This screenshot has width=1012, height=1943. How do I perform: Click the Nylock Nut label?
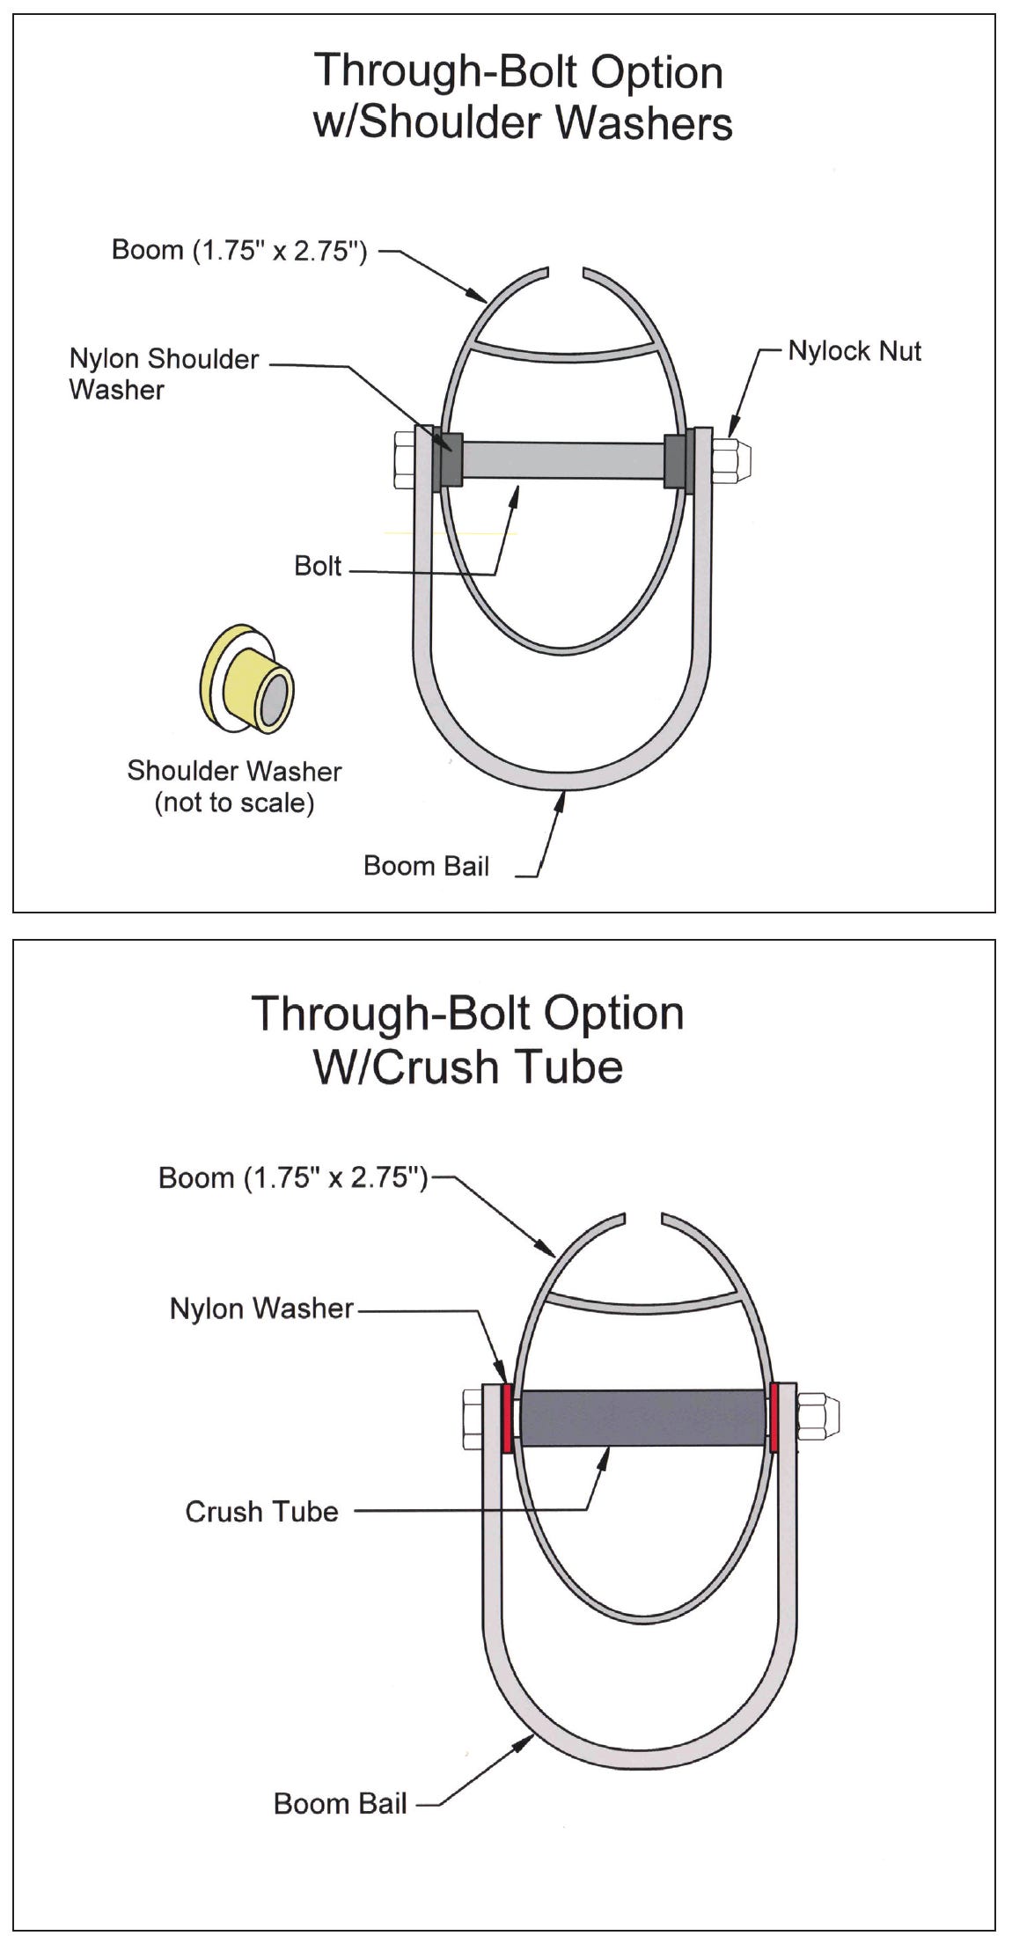coord(854,351)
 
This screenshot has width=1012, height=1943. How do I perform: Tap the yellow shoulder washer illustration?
coord(247,678)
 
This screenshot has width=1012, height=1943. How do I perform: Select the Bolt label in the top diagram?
coord(318,566)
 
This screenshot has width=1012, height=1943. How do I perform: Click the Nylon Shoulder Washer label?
coord(164,373)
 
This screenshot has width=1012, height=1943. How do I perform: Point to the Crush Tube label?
coord(261,1511)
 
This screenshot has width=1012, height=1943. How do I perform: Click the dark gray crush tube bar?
coord(642,1417)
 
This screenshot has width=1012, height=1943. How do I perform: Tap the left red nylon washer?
coord(507,1418)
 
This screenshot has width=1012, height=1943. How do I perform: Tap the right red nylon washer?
coord(774,1418)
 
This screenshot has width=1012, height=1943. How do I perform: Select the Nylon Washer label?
coord(261,1309)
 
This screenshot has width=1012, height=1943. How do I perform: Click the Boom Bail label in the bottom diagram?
coord(340,1803)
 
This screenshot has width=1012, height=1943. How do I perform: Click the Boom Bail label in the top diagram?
coord(426,866)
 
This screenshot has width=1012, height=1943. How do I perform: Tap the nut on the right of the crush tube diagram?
coord(817,1416)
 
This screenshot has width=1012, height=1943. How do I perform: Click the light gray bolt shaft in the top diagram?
coord(563,460)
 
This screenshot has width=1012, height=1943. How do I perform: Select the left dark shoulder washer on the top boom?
coord(449,458)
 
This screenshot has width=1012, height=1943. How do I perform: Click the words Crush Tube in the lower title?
coord(468,1067)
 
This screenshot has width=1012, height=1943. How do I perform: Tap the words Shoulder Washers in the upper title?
coord(546,122)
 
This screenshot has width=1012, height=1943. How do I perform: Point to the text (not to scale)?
coord(234,803)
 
